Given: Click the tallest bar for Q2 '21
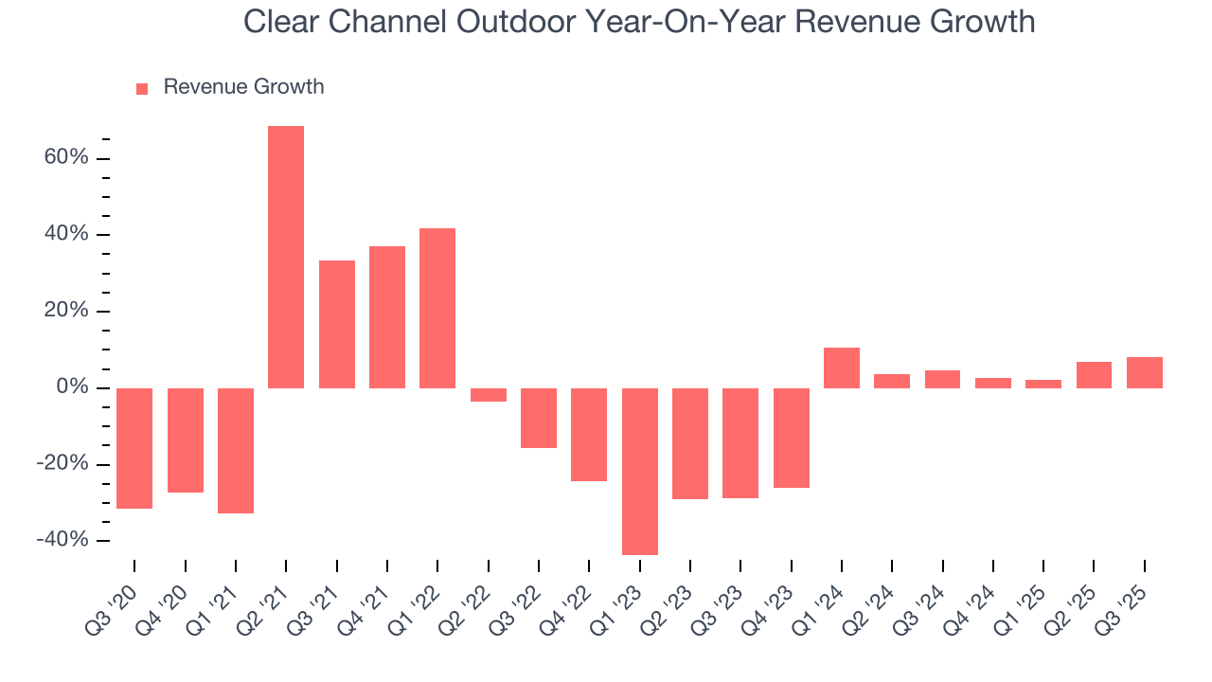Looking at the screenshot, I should (286, 257).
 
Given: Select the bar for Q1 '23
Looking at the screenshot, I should (639, 471).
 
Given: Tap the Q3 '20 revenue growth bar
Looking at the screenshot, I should (134, 448).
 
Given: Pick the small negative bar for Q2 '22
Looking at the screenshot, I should (488, 395).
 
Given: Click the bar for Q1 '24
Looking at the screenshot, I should (841, 368).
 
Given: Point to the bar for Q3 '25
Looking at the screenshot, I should (1144, 372).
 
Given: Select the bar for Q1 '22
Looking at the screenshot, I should (437, 308).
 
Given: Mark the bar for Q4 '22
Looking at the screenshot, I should (589, 434).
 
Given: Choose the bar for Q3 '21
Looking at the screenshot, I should (336, 324).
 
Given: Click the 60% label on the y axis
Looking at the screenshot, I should (66, 157).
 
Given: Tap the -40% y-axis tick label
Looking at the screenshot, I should (63, 540).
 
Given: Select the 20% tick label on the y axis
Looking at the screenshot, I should (66, 311).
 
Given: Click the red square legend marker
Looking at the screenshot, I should (142, 88).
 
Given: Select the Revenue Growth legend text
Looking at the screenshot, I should (243, 87).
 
